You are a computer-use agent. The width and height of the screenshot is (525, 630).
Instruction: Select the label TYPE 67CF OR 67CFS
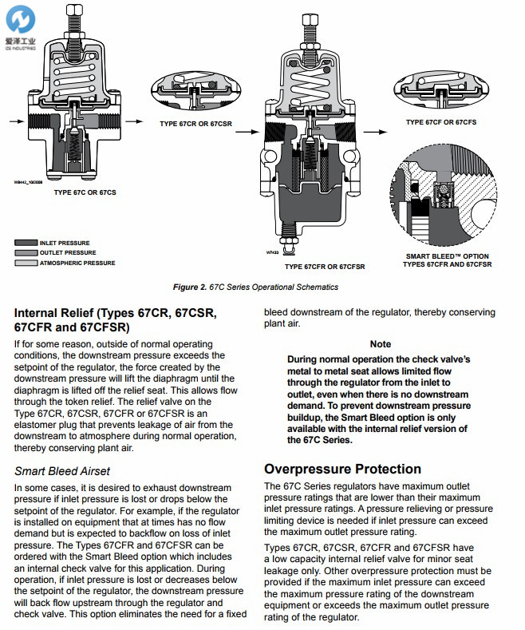(x=440, y=122)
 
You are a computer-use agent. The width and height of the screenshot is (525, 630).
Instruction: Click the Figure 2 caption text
(x=255, y=287)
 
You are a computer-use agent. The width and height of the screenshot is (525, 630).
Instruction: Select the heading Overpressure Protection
(x=343, y=469)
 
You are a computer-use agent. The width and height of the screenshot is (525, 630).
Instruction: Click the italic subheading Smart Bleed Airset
(x=62, y=471)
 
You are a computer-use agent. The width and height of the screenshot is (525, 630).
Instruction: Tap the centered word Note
(x=381, y=344)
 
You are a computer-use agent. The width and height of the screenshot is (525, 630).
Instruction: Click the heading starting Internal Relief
(x=116, y=319)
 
